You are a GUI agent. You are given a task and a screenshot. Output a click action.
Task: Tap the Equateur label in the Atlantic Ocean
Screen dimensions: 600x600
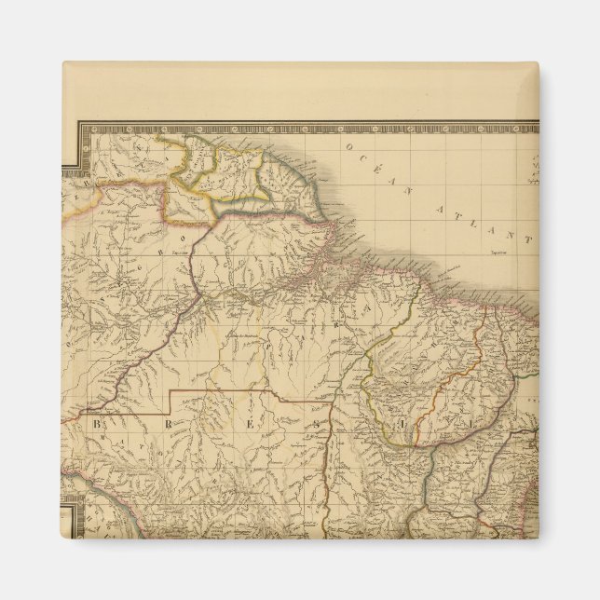click(503, 250)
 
